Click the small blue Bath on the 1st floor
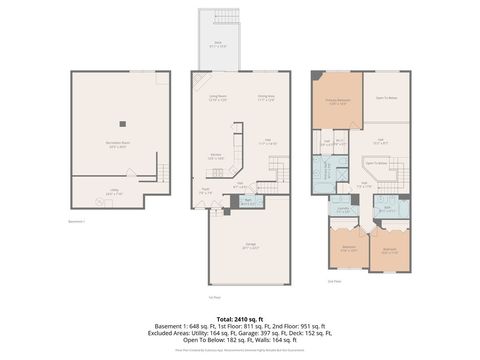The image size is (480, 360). (x=247, y=202)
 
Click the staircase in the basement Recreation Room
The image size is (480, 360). (x=156, y=177)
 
